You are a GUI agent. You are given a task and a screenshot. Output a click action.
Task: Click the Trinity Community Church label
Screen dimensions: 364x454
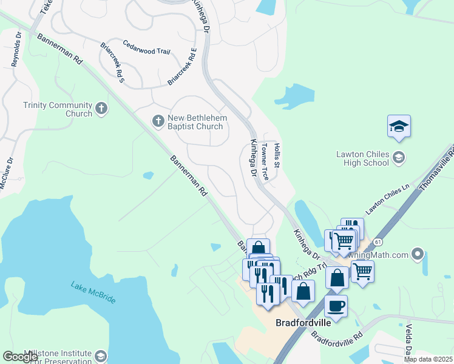click(x=57, y=109)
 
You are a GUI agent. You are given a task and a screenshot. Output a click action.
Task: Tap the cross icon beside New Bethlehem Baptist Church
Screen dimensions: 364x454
click(x=158, y=121)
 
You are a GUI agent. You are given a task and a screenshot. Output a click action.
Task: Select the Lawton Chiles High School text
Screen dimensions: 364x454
click(x=362, y=158)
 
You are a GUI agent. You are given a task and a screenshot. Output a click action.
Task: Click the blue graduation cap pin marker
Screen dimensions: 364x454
click(x=399, y=127)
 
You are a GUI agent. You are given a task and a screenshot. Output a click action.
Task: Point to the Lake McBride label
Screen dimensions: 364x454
click(x=93, y=292)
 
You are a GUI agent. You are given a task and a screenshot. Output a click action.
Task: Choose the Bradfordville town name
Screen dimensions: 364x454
click(x=303, y=323)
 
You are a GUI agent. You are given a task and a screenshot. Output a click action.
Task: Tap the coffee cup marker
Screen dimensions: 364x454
click(x=336, y=305)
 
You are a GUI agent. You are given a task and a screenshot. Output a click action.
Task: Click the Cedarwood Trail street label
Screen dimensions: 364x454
click(x=146, y=48)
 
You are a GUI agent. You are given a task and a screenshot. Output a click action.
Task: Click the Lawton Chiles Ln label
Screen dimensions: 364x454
click(x=388, y=200)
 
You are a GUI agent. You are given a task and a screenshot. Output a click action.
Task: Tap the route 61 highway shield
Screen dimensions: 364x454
click(x=378, y=241)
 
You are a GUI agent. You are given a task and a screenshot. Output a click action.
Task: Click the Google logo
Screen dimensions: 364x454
click(x=21, y=357)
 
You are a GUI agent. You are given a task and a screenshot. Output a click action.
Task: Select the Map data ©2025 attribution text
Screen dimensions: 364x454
click(x=429, y=359)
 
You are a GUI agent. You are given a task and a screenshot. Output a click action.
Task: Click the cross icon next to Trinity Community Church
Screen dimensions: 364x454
click(x=101, y=109)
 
